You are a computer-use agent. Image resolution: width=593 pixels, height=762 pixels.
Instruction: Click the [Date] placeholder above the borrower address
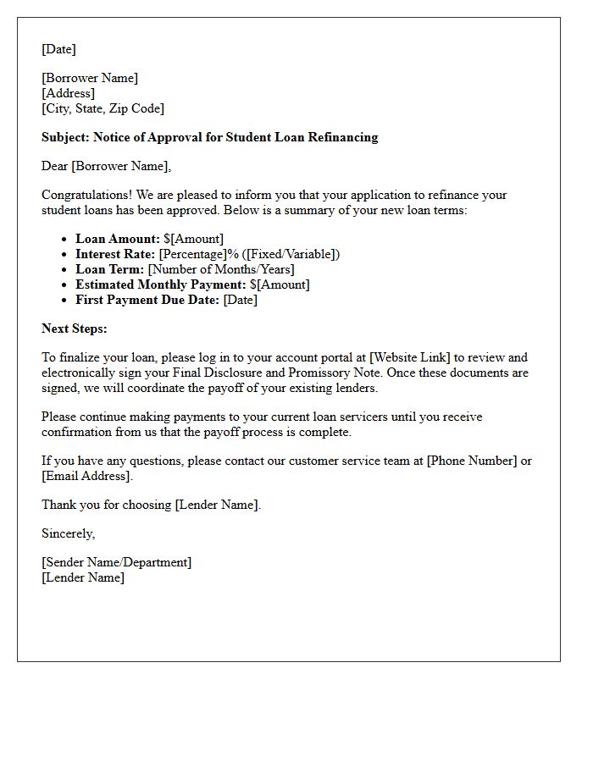point(58,49)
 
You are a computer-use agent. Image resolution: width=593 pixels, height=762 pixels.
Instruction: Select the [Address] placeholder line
point(68,93)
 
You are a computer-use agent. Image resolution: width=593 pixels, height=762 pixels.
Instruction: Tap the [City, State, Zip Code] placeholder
point(103,108)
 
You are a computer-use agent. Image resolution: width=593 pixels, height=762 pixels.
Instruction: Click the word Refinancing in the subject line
point(341,137)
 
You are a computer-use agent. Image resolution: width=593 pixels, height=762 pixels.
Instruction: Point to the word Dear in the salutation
point(55,166)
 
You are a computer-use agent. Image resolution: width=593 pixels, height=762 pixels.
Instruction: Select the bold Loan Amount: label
point(118,239)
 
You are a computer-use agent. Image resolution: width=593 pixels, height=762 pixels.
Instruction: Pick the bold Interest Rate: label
point(115,254)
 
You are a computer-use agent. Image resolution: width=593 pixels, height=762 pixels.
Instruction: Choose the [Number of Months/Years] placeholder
point(221,269)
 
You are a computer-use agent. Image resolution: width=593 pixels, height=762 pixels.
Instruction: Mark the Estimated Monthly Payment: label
point(161,284)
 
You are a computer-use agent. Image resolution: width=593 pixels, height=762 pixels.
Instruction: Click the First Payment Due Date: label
point(147,300)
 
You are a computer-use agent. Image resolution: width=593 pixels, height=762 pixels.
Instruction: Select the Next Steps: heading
point(75,329)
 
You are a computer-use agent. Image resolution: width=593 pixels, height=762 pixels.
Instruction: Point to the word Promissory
point(308,373)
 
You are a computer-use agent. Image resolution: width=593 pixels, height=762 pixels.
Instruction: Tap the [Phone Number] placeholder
point(471,461)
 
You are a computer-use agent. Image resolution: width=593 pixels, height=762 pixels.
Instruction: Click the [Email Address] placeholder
point(87,476)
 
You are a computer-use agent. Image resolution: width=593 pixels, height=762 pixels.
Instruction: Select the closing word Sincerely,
point(69,533)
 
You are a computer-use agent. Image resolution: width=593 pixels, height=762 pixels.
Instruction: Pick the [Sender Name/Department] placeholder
point(117,562)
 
